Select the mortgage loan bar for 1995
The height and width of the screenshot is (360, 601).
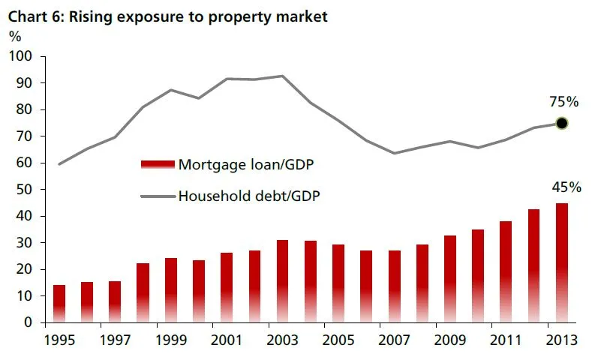(59, 304)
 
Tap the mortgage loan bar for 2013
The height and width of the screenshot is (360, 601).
(561, 262)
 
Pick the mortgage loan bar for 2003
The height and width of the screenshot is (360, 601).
(282, 281)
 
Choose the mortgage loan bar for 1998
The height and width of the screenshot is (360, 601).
(143, 292)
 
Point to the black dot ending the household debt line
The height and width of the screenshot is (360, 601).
(561, 123)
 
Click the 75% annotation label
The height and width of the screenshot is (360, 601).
(562, 101)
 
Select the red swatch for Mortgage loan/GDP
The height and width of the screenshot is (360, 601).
(157, 163)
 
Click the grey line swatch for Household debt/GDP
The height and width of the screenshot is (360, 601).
(157, 196)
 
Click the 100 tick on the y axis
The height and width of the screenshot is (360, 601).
(22, 57)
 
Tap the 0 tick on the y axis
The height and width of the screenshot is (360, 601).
(29, 322)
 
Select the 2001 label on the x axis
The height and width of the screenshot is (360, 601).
(227, 339)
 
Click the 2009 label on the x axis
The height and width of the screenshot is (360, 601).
(450, 339)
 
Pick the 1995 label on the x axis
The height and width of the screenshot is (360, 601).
(59, 339)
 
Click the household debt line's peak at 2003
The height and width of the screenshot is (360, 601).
(282, 76)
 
